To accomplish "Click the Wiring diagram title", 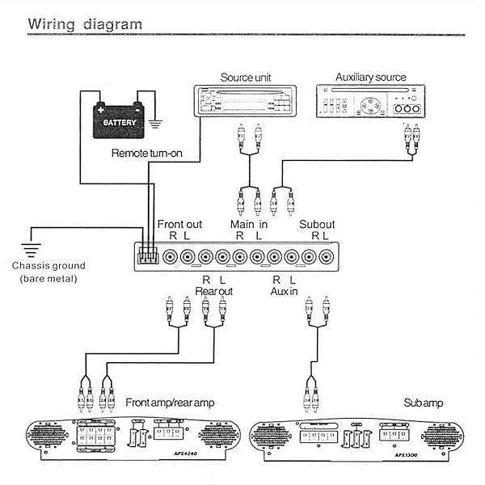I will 86,23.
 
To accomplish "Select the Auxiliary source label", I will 370,78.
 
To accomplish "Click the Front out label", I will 179,224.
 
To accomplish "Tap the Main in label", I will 247,224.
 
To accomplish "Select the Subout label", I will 317,224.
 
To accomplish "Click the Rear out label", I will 213,289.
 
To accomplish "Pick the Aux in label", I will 284,289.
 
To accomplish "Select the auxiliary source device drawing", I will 370,104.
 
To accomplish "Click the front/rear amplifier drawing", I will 132,441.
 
